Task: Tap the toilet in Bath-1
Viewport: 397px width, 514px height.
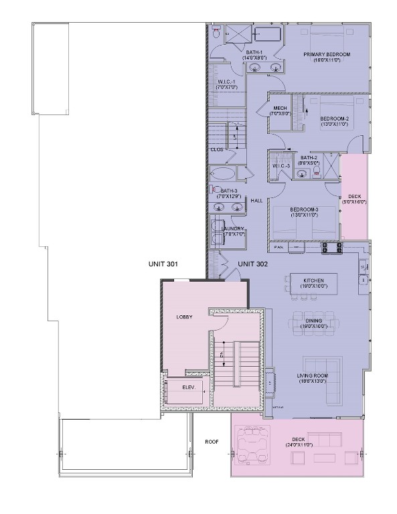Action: click(x=216, y=32)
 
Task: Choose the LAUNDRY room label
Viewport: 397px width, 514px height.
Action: click(x=233, y=228)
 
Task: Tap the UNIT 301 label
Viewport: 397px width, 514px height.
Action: click(x=163, y=264)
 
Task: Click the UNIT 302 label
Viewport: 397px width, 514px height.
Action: click(x=252, y=264)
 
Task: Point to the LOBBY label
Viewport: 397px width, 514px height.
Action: click(x=184, y=317)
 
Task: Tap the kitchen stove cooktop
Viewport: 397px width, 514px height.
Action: click(x=331, y=246)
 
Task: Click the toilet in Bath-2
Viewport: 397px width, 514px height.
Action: click(x=302, y=173)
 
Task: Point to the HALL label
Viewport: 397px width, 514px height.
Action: click(x=256, y=200)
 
